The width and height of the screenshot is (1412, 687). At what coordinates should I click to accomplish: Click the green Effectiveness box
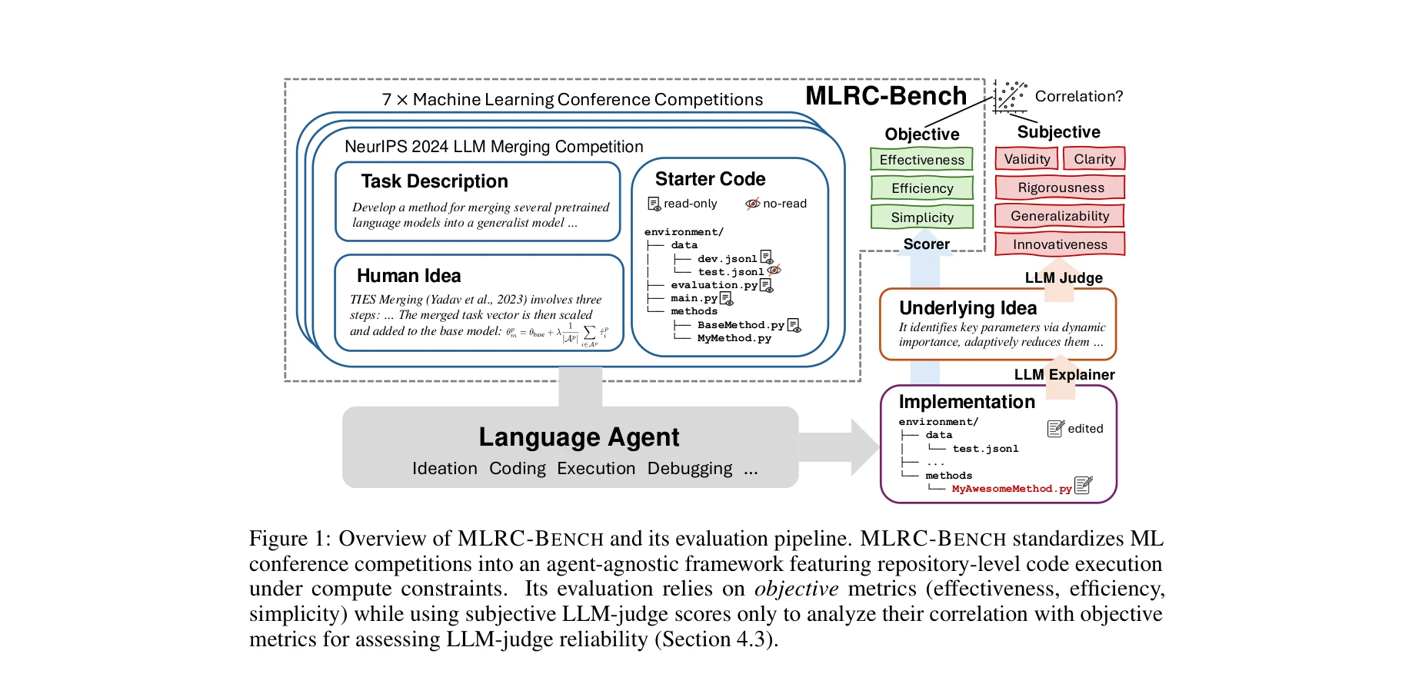tap(921, 159)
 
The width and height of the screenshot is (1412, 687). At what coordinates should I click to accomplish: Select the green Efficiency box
tap(921, 188)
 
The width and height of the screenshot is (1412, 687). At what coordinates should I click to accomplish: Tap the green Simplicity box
tap(921, 217)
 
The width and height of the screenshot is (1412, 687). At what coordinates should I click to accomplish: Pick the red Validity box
tap(1027, 158)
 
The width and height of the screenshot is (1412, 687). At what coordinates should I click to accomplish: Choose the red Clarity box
tap(1094, 158)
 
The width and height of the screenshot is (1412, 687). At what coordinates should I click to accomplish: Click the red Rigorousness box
tap(1060, 187)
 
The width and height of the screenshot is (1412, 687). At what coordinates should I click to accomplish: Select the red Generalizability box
tap(1060, 215)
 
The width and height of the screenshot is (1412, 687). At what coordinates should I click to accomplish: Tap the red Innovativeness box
tap(1060, 244)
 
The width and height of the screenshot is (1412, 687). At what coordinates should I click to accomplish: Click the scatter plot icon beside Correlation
tap(1010, 96)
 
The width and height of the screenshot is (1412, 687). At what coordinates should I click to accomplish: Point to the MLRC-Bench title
tap(885, 95)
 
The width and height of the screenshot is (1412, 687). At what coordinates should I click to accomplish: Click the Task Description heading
tap(435, 181)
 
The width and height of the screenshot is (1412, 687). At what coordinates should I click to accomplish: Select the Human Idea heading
tap(408, 275)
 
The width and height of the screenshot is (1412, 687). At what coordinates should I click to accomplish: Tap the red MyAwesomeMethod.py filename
tap(1011, 489)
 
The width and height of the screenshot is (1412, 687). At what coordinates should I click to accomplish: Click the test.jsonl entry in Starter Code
tap(731, 272)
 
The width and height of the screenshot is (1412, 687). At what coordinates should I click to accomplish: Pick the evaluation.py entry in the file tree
tap(714, 285)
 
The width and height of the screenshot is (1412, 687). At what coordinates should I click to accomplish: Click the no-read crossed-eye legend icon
tap(752, 204)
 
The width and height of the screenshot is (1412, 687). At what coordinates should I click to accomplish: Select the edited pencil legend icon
tap(1056, 429)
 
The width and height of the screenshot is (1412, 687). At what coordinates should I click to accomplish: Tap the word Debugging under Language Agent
tap(689, 468)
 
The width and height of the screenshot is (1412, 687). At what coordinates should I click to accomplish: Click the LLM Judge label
tap(1064, 277)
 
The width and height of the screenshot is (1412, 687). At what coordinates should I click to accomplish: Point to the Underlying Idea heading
tap(967, 307)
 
